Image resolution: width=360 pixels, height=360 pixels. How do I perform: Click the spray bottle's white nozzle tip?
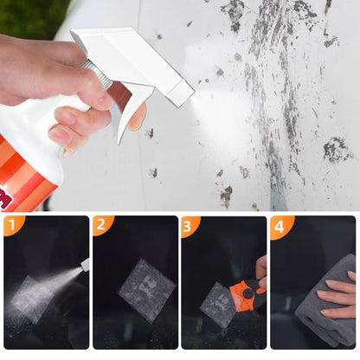click(181, 93)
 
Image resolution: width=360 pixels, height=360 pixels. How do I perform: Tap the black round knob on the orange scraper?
click(247, 294)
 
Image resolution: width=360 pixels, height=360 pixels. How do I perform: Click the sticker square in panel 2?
click(147, 290)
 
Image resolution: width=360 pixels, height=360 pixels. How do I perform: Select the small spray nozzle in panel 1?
click(85, 264)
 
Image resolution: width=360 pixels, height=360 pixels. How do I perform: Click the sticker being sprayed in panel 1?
click(32, 299)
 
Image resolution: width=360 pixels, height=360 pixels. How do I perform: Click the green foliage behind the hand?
click(33, 18)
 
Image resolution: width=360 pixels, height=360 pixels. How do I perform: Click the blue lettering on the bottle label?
click(5, 200)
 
